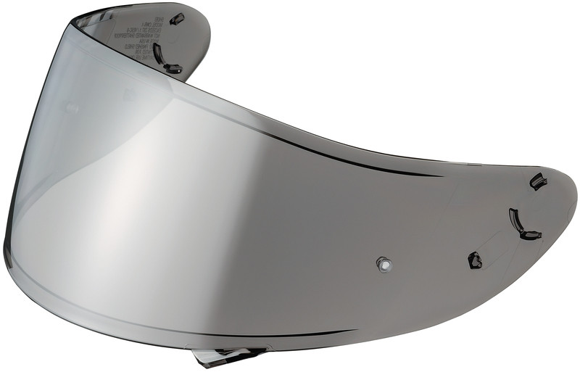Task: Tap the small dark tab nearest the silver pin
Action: (x=475, y=260)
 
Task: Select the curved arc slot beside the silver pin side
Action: (x=515, y=219)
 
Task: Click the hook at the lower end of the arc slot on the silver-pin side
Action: (x=531, y=235)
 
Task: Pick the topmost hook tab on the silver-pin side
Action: (x=538, y=181)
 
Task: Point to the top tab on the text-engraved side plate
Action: (x=176, y=19)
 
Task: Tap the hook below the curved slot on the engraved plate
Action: (x=173, y=69)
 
